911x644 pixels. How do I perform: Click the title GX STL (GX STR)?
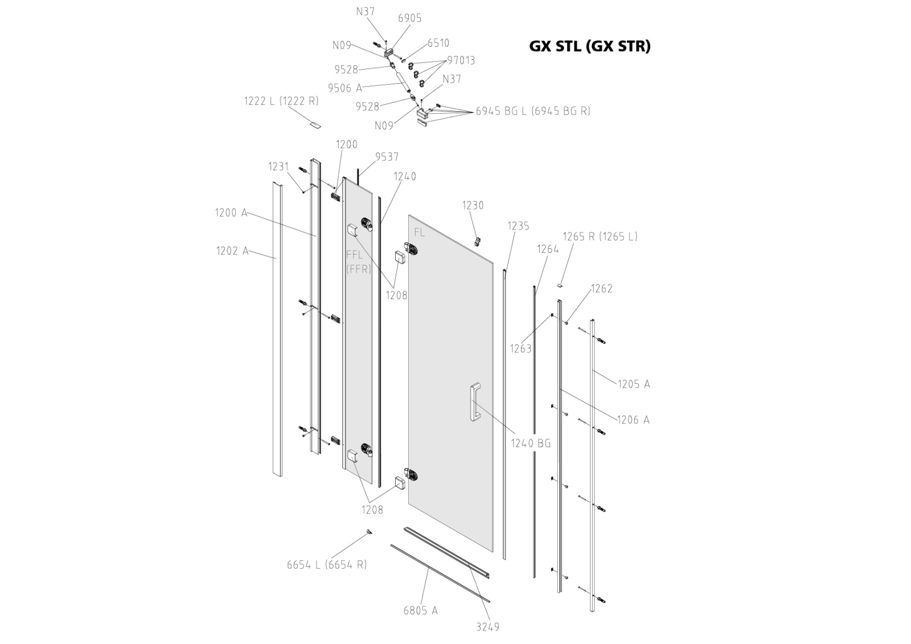tap(589, 46)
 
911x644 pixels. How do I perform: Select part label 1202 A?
tap(232, 251)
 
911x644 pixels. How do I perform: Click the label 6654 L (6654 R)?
tap(326, 564)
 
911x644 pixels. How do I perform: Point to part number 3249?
tap(487, 627)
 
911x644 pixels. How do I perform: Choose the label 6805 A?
tap(420, 610)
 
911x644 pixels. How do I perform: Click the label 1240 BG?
tap(530, 443)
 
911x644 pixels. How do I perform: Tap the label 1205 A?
tap(633, 384)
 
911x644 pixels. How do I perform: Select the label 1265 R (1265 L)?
tap(600, 236)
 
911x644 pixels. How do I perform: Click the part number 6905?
tap(409, 18)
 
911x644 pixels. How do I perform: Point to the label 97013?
tap(461, 60)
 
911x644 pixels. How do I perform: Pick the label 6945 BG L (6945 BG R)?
tap(533, 111)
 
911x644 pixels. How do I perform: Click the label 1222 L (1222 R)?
tap(281, 101)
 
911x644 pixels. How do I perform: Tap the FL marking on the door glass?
tap(419, 232)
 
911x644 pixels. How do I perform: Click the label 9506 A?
tap(344, 88)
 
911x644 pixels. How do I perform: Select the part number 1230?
tap(473, 205)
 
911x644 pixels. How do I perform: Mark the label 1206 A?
tap(633, 420)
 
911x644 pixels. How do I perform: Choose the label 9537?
tap(387, 157)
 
